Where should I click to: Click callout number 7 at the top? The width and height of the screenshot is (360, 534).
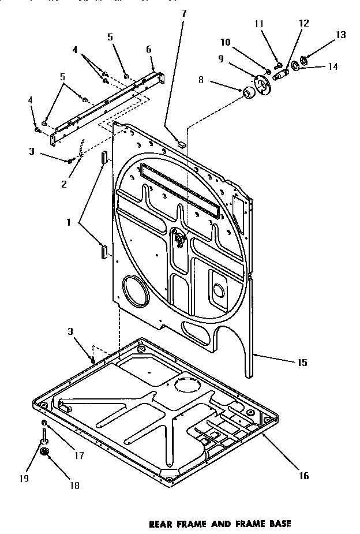pos(183,13)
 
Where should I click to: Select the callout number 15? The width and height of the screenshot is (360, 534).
pos(302,363)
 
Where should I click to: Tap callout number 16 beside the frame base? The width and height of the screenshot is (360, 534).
pos(304,476)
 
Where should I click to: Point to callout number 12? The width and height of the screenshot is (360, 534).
pos(303,24)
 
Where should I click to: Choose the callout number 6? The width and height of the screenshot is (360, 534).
pos(149,50)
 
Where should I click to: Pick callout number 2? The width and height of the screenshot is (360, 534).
pos(63,184)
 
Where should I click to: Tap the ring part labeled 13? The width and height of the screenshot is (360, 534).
pos(306,57)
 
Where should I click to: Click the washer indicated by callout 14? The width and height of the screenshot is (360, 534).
pos(295,66)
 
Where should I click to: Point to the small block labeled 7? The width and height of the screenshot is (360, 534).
pos(181,142)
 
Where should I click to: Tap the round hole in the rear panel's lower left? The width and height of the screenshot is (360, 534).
pos(134,291)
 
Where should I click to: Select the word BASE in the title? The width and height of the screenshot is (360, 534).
pos(278,524)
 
